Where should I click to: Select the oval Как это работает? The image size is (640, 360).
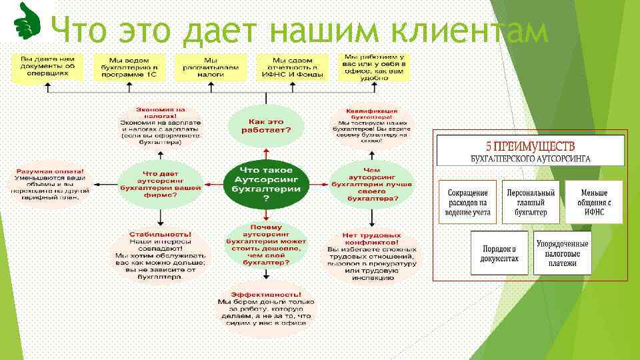pyautogui.click(x=266, y=125)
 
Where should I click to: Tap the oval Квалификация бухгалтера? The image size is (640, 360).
pyautogui.click(x=371, y=126)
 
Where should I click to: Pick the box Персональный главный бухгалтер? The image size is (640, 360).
pyautogui.click(x=531, y=201)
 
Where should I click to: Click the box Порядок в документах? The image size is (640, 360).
pyautogui.click(x=500, y=252)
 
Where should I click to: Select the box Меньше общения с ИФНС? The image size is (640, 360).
pyautogui.click(x=593, y=201)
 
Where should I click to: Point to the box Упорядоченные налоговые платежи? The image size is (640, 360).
pyautogui.click(x=563, y=252)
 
